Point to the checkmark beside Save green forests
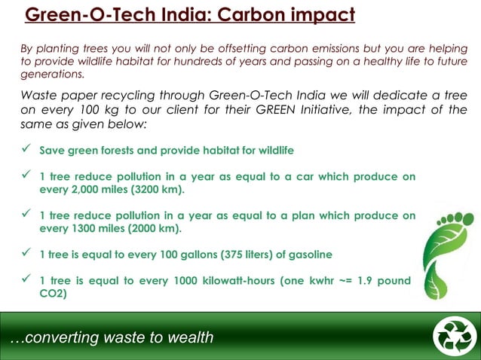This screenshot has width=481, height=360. coord(25,149)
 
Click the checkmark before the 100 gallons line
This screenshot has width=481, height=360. coord(25,252)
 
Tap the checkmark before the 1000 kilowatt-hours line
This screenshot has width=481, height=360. coord(25,280)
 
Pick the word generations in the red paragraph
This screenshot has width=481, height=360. coord(52,75)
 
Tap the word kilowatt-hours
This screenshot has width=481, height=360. coord(231,281)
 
